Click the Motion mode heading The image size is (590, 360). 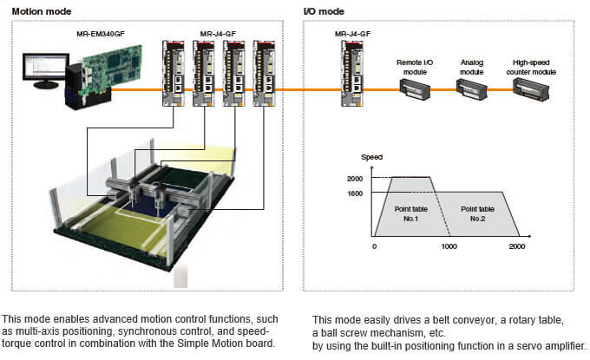[x=41, y=11]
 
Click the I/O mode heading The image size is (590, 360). [x=324, y=11]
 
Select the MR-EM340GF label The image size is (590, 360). [x=103, y=34]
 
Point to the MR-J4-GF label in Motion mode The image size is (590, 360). [x=218, y=34]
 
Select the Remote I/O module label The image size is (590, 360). [x=414, y=62]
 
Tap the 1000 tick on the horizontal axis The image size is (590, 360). [x=448, y=246]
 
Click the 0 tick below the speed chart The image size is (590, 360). [x=374, y=246]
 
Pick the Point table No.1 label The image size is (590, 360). [x=406, y=213]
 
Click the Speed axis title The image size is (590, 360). [x=371, y=157]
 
